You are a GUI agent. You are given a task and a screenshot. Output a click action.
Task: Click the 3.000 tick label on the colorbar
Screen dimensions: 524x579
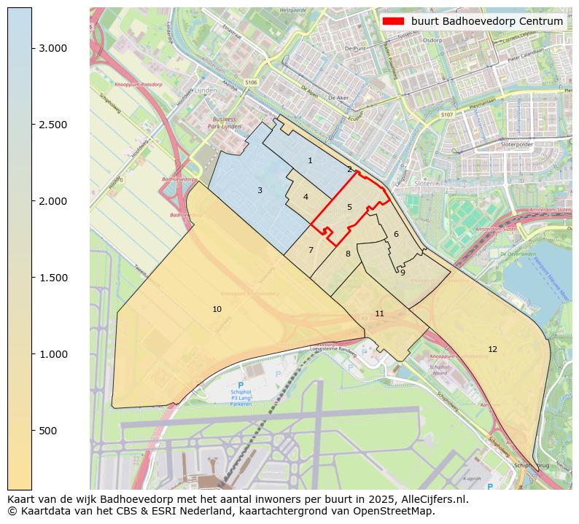(x=53, y=48)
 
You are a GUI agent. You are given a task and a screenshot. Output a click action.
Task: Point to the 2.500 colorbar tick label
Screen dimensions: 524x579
(x=53, y=125)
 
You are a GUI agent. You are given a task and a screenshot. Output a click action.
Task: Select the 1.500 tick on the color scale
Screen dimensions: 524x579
(x=53, y=278)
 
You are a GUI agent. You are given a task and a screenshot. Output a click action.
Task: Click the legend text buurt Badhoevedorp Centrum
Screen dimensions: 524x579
(x=486, y=21)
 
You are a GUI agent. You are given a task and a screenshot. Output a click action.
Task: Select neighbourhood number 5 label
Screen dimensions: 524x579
(x=349, y=208)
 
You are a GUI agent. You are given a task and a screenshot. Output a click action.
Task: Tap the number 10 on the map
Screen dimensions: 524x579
(x=217, y=310)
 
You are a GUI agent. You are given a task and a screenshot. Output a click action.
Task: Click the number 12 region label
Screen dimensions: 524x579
(x=492, y=350)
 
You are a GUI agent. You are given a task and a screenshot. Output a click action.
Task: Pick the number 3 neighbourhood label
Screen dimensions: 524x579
(x=260, y=191)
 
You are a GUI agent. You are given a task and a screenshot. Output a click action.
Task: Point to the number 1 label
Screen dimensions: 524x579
(x=310, y=161)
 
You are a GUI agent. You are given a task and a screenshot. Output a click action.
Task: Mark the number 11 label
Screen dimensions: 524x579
(x=379, y=314)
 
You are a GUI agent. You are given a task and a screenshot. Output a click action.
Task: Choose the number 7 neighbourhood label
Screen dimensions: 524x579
(x=311, y=251)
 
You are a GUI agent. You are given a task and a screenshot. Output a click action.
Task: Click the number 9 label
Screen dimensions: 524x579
(x=403, y=273)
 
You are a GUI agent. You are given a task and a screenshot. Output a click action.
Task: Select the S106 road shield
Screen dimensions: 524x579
(x=252, y=83)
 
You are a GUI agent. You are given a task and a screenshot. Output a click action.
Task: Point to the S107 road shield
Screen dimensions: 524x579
(x=447, y=115)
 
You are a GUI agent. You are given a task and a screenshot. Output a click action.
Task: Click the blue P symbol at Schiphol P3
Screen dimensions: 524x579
(x=241, y=385)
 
